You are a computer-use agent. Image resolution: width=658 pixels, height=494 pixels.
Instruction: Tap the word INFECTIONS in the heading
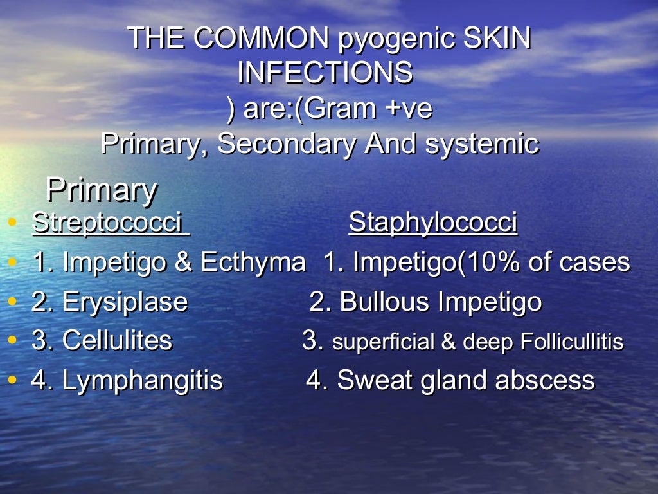point(325,73)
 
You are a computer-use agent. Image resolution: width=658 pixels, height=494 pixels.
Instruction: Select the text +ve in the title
point(409,109)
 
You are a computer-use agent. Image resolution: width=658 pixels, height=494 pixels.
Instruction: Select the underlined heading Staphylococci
point(432,223)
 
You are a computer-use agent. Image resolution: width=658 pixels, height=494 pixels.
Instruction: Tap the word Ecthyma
point(253,262)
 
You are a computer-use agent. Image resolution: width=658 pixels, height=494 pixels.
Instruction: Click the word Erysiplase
point(125,302)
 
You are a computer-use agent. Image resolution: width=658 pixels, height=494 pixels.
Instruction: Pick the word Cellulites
point(117,340)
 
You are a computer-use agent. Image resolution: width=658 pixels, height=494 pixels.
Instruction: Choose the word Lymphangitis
point(142,380)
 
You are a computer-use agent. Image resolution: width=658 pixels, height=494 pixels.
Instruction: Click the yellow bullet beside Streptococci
point(12,223)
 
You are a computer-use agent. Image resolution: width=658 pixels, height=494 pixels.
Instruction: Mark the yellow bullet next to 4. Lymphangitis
point(12,381)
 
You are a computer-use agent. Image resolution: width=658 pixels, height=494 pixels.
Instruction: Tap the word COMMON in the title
point(261,39)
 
